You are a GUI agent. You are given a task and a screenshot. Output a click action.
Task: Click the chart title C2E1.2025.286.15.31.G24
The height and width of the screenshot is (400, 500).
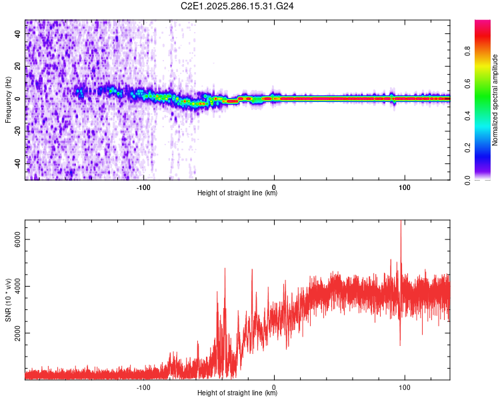237,6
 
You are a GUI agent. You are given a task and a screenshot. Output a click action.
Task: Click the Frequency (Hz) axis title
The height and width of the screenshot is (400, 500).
8,100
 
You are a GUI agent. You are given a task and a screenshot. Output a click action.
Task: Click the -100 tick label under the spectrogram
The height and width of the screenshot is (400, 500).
143,187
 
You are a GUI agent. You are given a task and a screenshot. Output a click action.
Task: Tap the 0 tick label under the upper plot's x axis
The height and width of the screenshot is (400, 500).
274,187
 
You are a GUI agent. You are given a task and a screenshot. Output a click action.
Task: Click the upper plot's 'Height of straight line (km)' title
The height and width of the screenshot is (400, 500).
237,193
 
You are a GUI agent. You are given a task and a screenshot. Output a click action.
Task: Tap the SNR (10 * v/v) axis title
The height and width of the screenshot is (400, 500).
8,301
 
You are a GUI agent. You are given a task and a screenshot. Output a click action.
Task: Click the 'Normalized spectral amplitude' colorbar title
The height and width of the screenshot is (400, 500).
495,100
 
